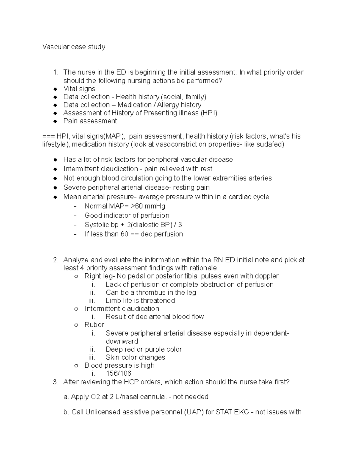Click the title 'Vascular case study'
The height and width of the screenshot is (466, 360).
pos(74,47)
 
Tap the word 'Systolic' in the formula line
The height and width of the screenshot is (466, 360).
pos(97,225)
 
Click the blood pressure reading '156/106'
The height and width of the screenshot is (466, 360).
pos(118,374)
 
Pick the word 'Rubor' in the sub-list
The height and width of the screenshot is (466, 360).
pos(94,325)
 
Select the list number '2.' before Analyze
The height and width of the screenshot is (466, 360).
pos(55,260)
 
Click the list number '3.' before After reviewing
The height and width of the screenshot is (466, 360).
pos(55,382)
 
